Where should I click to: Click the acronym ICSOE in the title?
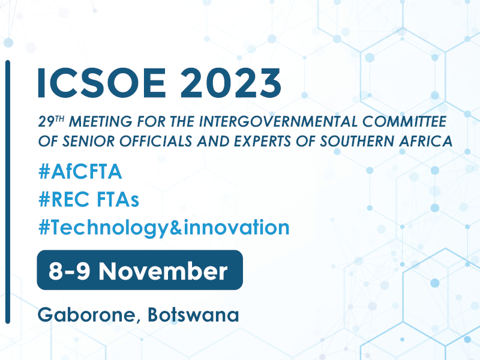(101, 83)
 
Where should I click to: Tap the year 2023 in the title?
(230, 83)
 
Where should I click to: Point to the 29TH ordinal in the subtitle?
(52, 121)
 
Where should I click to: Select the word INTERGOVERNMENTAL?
(278, 121)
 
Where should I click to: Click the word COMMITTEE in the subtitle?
(404, 121)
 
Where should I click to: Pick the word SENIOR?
(88, 141)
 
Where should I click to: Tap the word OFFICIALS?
(156, 141)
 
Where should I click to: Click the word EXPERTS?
(262, 141)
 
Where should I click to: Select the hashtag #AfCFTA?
(80, 172)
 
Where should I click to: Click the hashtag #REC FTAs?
(89, 199)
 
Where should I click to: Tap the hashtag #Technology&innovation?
(164, 228)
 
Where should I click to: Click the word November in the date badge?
(163, 271)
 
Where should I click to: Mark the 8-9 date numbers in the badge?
(69, 271)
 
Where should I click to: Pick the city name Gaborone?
(86, 315)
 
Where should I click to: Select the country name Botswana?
(193, 314)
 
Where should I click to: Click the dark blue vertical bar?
(8, 192)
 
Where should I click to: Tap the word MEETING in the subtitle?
(101, 121)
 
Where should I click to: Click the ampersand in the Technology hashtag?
(176, 227)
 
